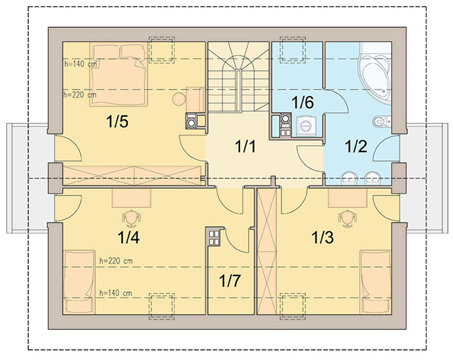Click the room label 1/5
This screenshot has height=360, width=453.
(x=117, y=121)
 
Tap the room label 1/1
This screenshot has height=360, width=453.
(x=245, y=146)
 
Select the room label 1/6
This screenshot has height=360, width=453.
(x=303, y=102)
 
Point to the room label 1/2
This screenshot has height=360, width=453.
(x=356, y=146)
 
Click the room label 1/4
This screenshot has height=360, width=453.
(x=129, y=237)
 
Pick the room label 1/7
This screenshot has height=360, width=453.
(x=230, y=280)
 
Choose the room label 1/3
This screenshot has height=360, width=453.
(x=322, y=237)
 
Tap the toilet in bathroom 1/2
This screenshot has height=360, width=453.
(x=382, y=121)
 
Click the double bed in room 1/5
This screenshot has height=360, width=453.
(x=119, y=74)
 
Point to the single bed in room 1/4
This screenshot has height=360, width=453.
(x=79, y=282)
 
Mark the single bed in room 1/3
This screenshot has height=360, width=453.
(x=376, y=282)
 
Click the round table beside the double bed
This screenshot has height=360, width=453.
(x=179, y=99)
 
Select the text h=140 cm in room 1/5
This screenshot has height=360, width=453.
(x=81, y=64)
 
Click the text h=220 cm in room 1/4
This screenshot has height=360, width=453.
(x=116, y=261)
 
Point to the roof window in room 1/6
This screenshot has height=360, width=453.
(x=293, y=50)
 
